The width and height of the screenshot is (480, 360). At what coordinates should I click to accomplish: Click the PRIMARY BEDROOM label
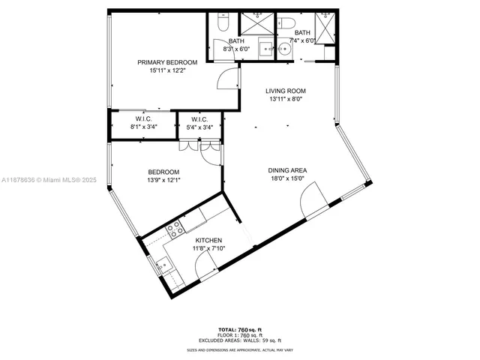(x=167, y=62)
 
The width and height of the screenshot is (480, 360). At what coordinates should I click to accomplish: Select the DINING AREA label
(x=288, y=170)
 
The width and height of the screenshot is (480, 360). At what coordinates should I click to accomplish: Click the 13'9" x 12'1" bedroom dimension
(x=163, y=180)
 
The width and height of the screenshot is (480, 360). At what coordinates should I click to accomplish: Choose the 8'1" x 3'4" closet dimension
(x=145, y=127)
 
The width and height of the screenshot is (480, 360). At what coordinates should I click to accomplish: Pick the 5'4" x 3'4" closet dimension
(x=199, y=127)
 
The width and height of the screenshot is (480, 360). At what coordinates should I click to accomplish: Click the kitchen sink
(x=161, y=264)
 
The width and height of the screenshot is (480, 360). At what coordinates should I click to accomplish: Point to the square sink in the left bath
(x=265, y=49)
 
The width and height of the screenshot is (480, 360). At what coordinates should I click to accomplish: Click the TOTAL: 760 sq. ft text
(x=239, y=329)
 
